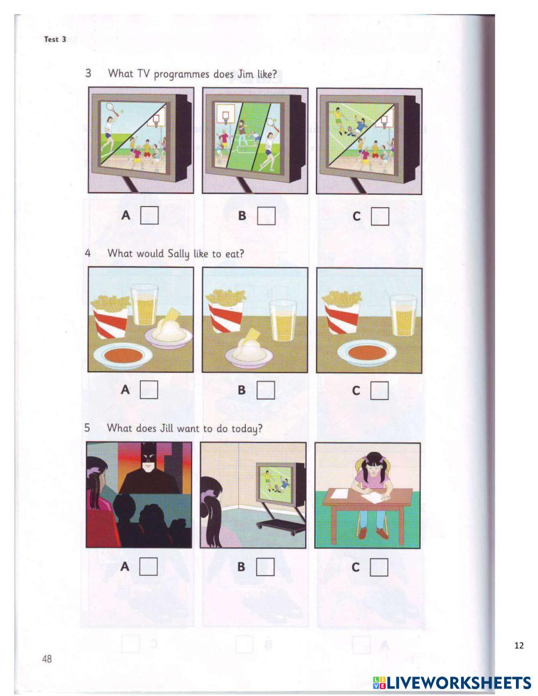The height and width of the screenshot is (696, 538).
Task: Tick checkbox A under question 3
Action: coord(149,216)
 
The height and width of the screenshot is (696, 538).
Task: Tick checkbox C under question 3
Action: coord(380,217)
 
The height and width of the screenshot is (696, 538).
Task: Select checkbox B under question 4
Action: coord(265,390)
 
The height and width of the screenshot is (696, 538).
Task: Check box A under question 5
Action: coord(148,566)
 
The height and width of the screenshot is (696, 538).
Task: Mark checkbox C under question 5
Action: coord(379,567)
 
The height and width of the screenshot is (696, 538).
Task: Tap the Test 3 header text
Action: coord(55,39)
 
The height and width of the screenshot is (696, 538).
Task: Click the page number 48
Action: coord(47,658)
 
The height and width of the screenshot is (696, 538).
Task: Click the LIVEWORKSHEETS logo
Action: coord(452,683)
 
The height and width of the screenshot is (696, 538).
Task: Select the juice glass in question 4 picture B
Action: coord(282,321)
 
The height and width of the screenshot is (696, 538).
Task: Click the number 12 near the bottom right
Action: coord(519,645)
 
